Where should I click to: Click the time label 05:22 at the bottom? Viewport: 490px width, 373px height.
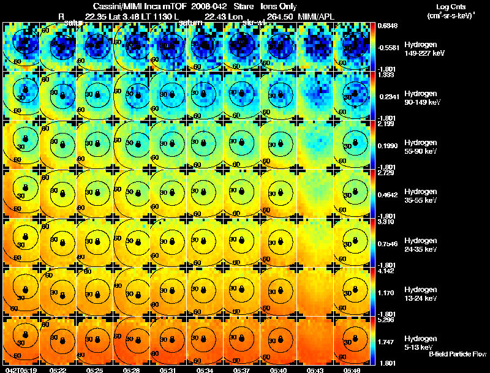58,370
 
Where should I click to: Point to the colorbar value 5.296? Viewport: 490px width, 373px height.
386,319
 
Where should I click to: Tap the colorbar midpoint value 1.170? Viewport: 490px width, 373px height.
386,293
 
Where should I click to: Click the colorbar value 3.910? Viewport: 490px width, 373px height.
386,221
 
